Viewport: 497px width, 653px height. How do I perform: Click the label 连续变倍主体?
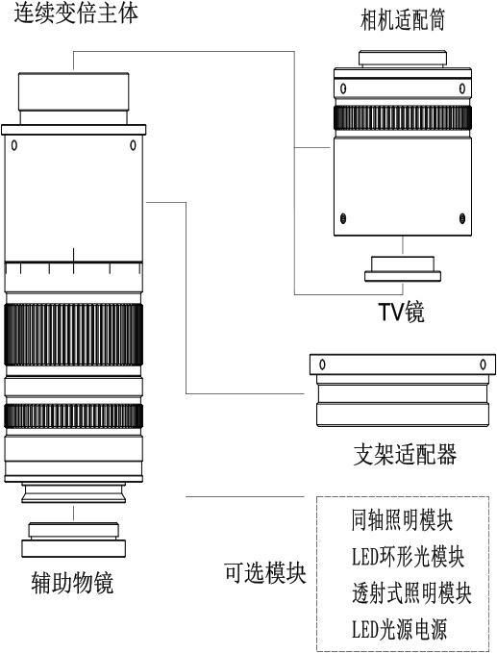76,13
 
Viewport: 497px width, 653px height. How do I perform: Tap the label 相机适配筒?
403,20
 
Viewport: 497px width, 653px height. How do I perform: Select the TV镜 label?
401,312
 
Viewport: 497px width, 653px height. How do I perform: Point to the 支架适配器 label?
405,454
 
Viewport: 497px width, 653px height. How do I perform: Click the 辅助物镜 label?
72,582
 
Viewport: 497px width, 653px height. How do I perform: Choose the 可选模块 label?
265,573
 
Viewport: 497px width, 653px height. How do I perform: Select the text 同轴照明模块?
402,519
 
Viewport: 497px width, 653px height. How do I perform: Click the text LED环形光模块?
408,556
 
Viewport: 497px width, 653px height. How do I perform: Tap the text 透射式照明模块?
411,592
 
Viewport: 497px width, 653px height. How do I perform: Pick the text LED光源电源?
399,629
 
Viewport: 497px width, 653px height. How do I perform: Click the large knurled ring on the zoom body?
74,335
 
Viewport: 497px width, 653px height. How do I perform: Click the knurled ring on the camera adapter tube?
403,118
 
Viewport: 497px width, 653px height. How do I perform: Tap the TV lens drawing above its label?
403,269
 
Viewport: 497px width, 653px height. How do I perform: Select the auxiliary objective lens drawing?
74,540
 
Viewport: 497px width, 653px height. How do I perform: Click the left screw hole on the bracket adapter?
322,364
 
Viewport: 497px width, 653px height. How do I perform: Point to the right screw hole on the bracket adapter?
483,364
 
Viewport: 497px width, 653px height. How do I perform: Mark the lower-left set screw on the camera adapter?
343,218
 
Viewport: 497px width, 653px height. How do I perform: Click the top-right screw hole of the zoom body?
133,145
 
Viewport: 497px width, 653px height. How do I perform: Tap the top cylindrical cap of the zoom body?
74,98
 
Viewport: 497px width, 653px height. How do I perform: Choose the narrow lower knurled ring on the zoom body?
74,416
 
